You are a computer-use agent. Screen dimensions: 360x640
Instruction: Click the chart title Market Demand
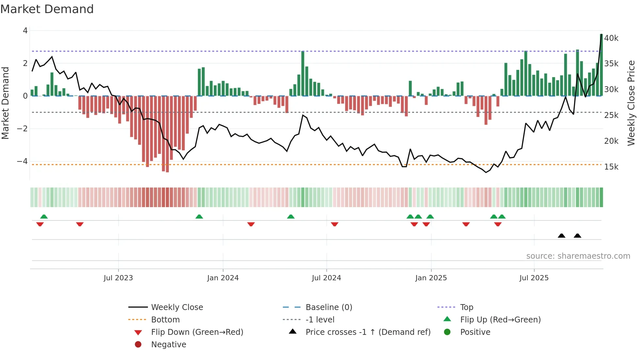tap(47, 9)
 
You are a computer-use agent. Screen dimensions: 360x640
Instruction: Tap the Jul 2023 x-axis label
tap(118, 278)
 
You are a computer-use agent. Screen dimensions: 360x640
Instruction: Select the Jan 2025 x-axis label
tap(431, 278)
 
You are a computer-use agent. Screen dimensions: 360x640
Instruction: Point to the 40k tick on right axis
tap(611, 38)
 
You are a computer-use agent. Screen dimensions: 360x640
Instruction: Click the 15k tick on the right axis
tap(611, 167)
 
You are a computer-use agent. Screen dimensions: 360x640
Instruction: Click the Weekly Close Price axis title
tap(631, 103)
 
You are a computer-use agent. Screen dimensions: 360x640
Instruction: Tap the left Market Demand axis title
tap(6, 103)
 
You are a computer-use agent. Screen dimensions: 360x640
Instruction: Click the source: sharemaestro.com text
tap(578, 256)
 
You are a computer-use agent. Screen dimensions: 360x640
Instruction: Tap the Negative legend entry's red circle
tap(138, 345)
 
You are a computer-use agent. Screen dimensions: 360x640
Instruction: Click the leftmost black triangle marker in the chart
tap(562, 236)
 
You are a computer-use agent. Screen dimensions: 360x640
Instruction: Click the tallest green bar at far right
tap(601, 65)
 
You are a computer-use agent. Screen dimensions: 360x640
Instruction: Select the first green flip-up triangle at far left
tap(44, 217)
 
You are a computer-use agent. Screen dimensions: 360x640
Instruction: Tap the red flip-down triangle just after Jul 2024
tap(335, 224)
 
